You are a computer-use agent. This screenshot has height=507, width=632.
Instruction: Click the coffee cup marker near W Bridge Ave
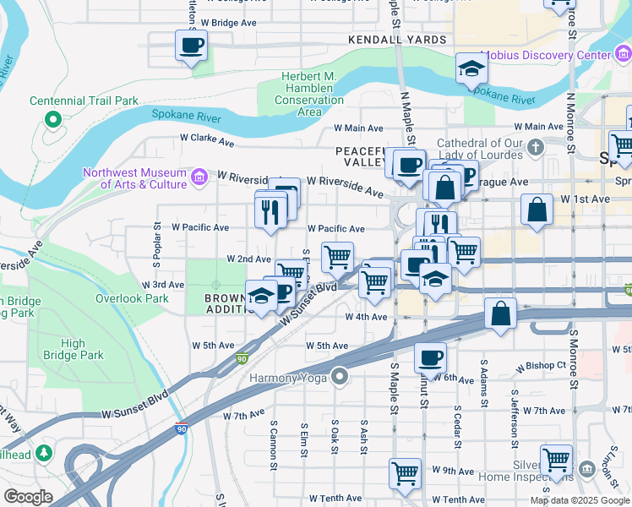coord(191,45)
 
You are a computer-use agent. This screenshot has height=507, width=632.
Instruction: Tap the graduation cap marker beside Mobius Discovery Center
coord(471,69)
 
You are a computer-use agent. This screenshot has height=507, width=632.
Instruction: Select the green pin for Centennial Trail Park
coord(53,119)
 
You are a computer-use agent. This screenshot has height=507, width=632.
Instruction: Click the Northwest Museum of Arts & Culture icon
coord(199,176)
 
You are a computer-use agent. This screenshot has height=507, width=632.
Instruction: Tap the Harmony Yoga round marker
coord(340,375)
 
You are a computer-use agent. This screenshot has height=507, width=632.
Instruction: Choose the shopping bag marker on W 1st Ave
coord(537,209)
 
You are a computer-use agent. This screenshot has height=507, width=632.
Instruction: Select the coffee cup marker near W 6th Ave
coord(430,357)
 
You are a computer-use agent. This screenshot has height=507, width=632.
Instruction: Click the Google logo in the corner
coord(28,497)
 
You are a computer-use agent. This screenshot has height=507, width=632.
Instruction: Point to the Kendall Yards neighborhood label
coord(396,40)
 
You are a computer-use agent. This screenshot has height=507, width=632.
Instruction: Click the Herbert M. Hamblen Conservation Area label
coord(309,94)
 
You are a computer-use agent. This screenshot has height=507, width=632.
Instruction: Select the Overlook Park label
coord(132,298)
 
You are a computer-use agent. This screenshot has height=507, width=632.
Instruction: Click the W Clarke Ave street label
coord(205,140)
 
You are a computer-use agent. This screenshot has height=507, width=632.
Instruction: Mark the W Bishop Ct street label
coord(543,366)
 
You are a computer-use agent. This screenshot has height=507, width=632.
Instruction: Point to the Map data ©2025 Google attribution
coord(579,500)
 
